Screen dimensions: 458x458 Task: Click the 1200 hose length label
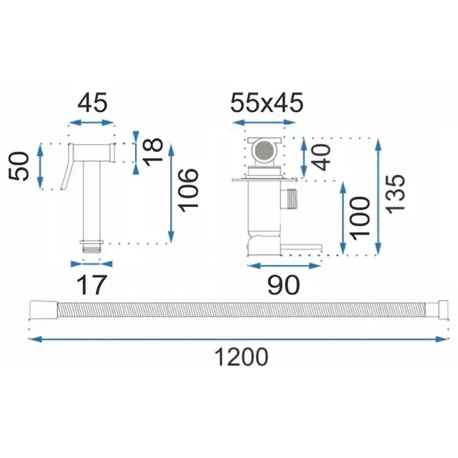click(241, 356)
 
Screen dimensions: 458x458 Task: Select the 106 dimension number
click(189, 190)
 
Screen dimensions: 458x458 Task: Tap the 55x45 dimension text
click(267, 102)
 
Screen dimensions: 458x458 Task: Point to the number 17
click(91, 285)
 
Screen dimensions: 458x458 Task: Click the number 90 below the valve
click(284, 285)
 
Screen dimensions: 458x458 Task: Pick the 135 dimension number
click(395, 194)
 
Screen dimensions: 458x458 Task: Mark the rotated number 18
click(153, 152)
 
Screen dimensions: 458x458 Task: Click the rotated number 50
click(19, 166)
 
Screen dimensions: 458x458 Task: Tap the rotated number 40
click(321, 157)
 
